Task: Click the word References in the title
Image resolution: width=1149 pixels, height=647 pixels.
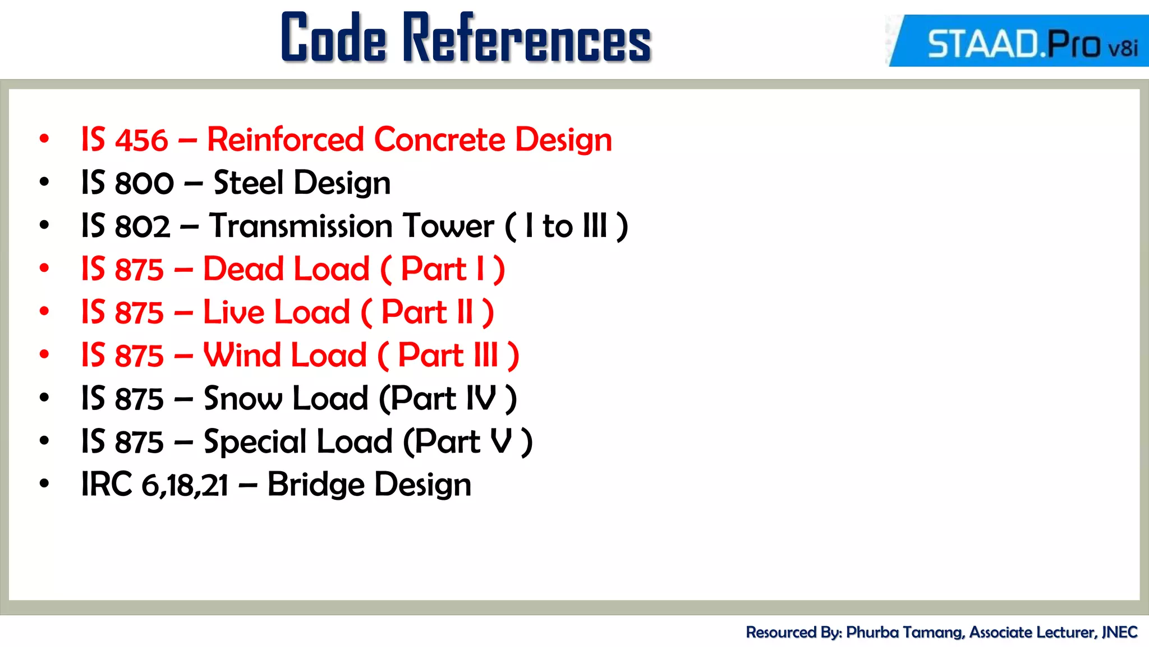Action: [x=527, y=38]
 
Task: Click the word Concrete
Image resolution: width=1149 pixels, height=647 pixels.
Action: [x=439, y=139]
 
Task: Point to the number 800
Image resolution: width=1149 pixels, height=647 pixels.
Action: [x=144, y=183]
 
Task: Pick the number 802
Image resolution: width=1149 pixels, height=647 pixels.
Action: [x=143, y=226]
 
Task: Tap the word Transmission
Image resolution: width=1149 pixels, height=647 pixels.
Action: [x=301, y=226]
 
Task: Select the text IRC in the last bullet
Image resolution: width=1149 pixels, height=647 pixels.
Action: [x=107, y=485]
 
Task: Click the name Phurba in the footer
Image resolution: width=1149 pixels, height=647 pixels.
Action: [x=873, y=632]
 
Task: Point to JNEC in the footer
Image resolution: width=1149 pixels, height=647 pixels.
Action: [x=1119, y=632]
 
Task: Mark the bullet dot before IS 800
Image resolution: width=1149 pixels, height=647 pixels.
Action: [x=44, y=182]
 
